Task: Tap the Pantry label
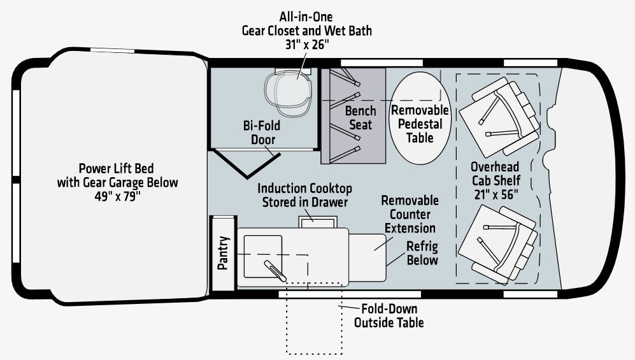point(223,253)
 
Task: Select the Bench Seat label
point(360,118)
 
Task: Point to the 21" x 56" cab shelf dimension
point(496,194)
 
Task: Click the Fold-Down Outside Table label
point(389,315)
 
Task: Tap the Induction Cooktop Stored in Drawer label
point(304,196)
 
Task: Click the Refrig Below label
point(422,253)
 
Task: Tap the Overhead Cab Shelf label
point(496,174)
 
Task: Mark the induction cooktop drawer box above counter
point(316,220)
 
